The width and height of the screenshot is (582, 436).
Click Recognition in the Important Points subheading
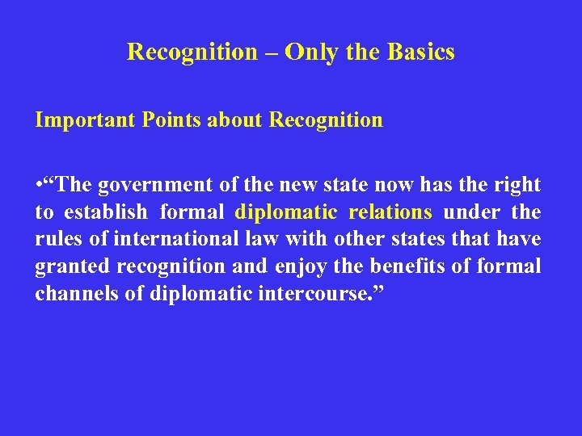(x=326, y=120)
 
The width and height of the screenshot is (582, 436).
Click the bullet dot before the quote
(x=39, y=185)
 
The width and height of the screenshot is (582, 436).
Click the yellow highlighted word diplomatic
(x=285, y=212)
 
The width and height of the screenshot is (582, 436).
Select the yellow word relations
(x=390, y=212)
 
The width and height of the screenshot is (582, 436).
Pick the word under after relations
(x=467, y=212)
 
